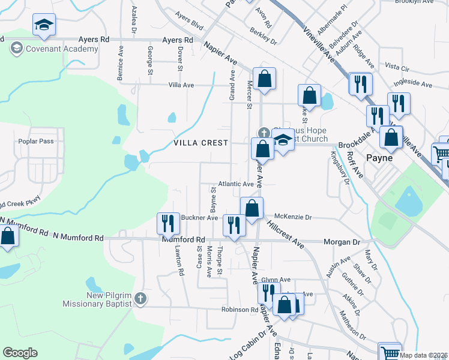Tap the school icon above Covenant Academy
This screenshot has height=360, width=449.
pyautogui.click(x=44, y=25)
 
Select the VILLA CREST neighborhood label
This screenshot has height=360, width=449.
pyautogui.click(x=201, y=143)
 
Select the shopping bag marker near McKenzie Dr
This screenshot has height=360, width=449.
pyautogui.click(x=252, y=208)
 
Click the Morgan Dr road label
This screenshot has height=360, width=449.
pyautogui.click(x=342, y=240)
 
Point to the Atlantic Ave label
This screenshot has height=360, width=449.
pyautogui.click(x=236, y=184)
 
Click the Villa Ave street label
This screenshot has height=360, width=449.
pyautogui.click(x=181, y=85)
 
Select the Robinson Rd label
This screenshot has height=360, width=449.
pyautogui.click(x=239, y=310)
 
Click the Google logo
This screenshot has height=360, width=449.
pyautogui.click(x=20, y=353)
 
